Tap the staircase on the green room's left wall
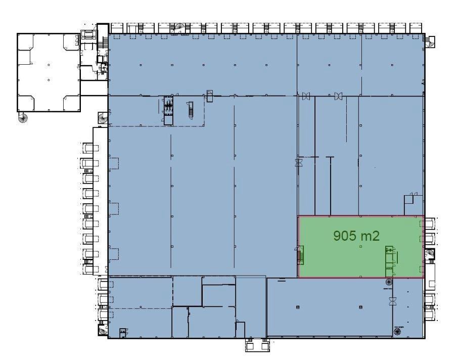[300, 255]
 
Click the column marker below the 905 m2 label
[361, 247]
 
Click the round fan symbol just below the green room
[389, 282]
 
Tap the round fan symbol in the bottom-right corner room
[397, 332]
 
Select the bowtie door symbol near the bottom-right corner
[392, 301]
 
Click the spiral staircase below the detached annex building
[23, 118]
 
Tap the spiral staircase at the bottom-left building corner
[103, 331]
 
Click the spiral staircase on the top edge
[178, 28]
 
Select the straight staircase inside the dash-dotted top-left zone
[191, 110]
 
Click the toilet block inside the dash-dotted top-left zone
[168, 111]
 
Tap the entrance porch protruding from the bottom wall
[257, 345]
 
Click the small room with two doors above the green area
[413, 204]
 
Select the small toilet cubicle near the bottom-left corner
[123, 333]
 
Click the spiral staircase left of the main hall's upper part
[103, 118]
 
